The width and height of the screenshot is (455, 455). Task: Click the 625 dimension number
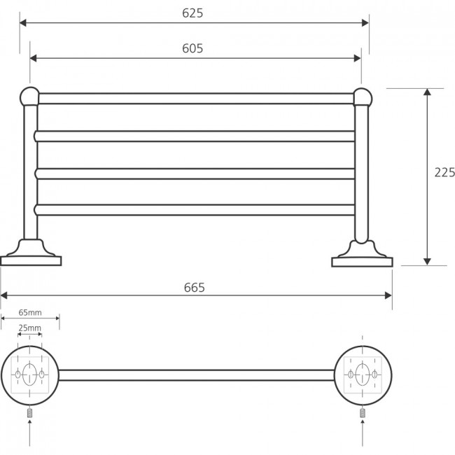pyautogui.click(x=192, y=13)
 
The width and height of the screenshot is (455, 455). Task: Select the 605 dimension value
pyautogui.click(x=192, y=48)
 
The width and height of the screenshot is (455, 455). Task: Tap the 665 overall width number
pyautogui.click(x=194, y=288)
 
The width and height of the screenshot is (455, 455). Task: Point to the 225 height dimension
pyautogui.click(x=444, y=172)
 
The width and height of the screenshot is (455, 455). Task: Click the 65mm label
pyautogui.click(x=30, y=312)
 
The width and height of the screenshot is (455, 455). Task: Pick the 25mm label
pyautogui.click(x=30, y=328)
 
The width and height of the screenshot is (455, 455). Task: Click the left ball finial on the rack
pyautogui.click(x=29, y=97)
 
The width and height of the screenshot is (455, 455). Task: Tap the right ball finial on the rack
pyautogui.click(x=363, y=97)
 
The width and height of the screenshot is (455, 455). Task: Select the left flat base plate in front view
pyautogui.click(x=31, y=261)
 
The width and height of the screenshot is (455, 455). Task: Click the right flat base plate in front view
pyautogui.click(x=362, y=262)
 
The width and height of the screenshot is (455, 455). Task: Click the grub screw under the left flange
pyautogui.click(x=29, y=412)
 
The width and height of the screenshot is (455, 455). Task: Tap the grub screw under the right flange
pyautogui.click(x=363, y=412)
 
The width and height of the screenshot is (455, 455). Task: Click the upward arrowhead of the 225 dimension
pyautogui.click(x=427, y=92)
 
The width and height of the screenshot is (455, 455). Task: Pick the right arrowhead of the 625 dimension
pyautogui.click(x=365, y=23)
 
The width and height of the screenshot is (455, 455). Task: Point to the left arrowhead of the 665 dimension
pyautogui.click(x=3, y=295)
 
